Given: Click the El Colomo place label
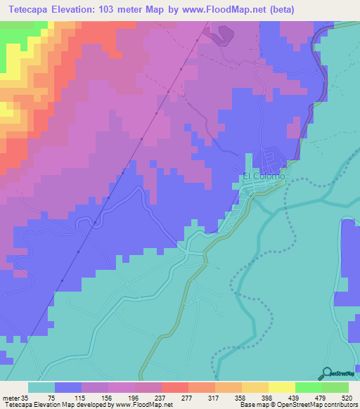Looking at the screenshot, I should (x=264, y=177).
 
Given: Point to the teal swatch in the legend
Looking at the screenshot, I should (x=41, y=387).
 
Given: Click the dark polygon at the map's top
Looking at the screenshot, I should (x=222, y=34).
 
